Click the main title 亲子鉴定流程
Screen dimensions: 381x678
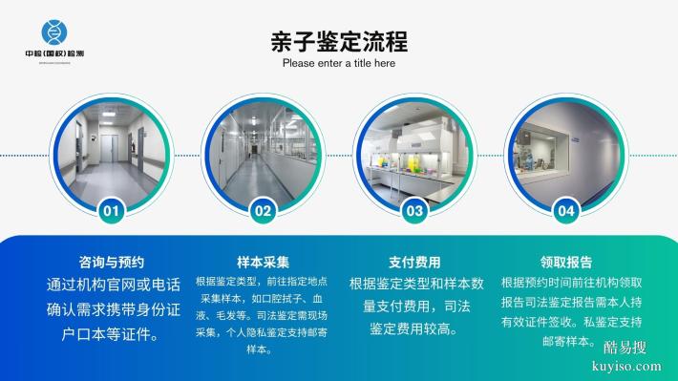[339, 42]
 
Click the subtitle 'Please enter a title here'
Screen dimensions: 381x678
[339, 64]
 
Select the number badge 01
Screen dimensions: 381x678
[112, 210]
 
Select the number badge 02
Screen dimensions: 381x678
[263, 210]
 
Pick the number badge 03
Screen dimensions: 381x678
[414, 210]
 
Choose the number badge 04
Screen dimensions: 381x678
[565, 210]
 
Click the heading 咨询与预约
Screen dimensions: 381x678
[111, 262]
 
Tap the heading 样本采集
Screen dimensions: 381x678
[263, 262]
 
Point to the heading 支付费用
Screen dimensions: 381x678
[414, 262]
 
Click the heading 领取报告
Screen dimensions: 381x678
[565, 262]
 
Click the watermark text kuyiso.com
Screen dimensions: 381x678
[625, 367]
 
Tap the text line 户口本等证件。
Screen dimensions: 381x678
[111, 335]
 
